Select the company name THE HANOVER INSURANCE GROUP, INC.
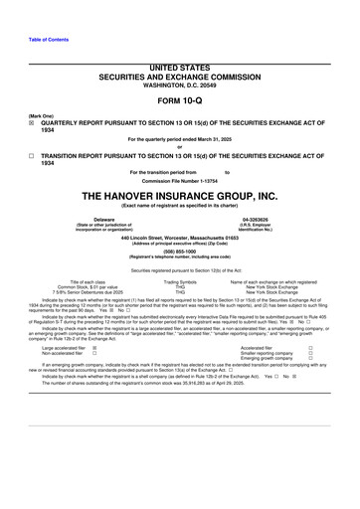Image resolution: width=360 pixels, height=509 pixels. pos(180,196)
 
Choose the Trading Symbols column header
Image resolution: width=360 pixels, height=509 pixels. pos(180,282)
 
